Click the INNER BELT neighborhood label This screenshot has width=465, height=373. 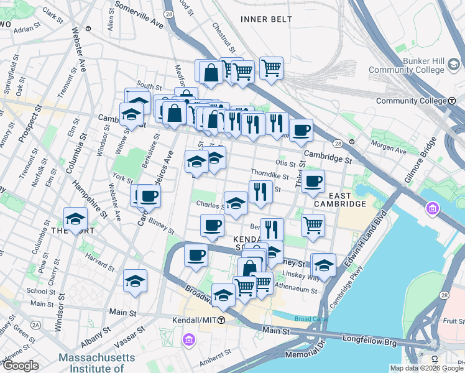click(265, 19)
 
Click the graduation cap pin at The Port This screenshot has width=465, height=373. click(75, 219)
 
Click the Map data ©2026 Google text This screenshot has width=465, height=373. click(426, 368)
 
